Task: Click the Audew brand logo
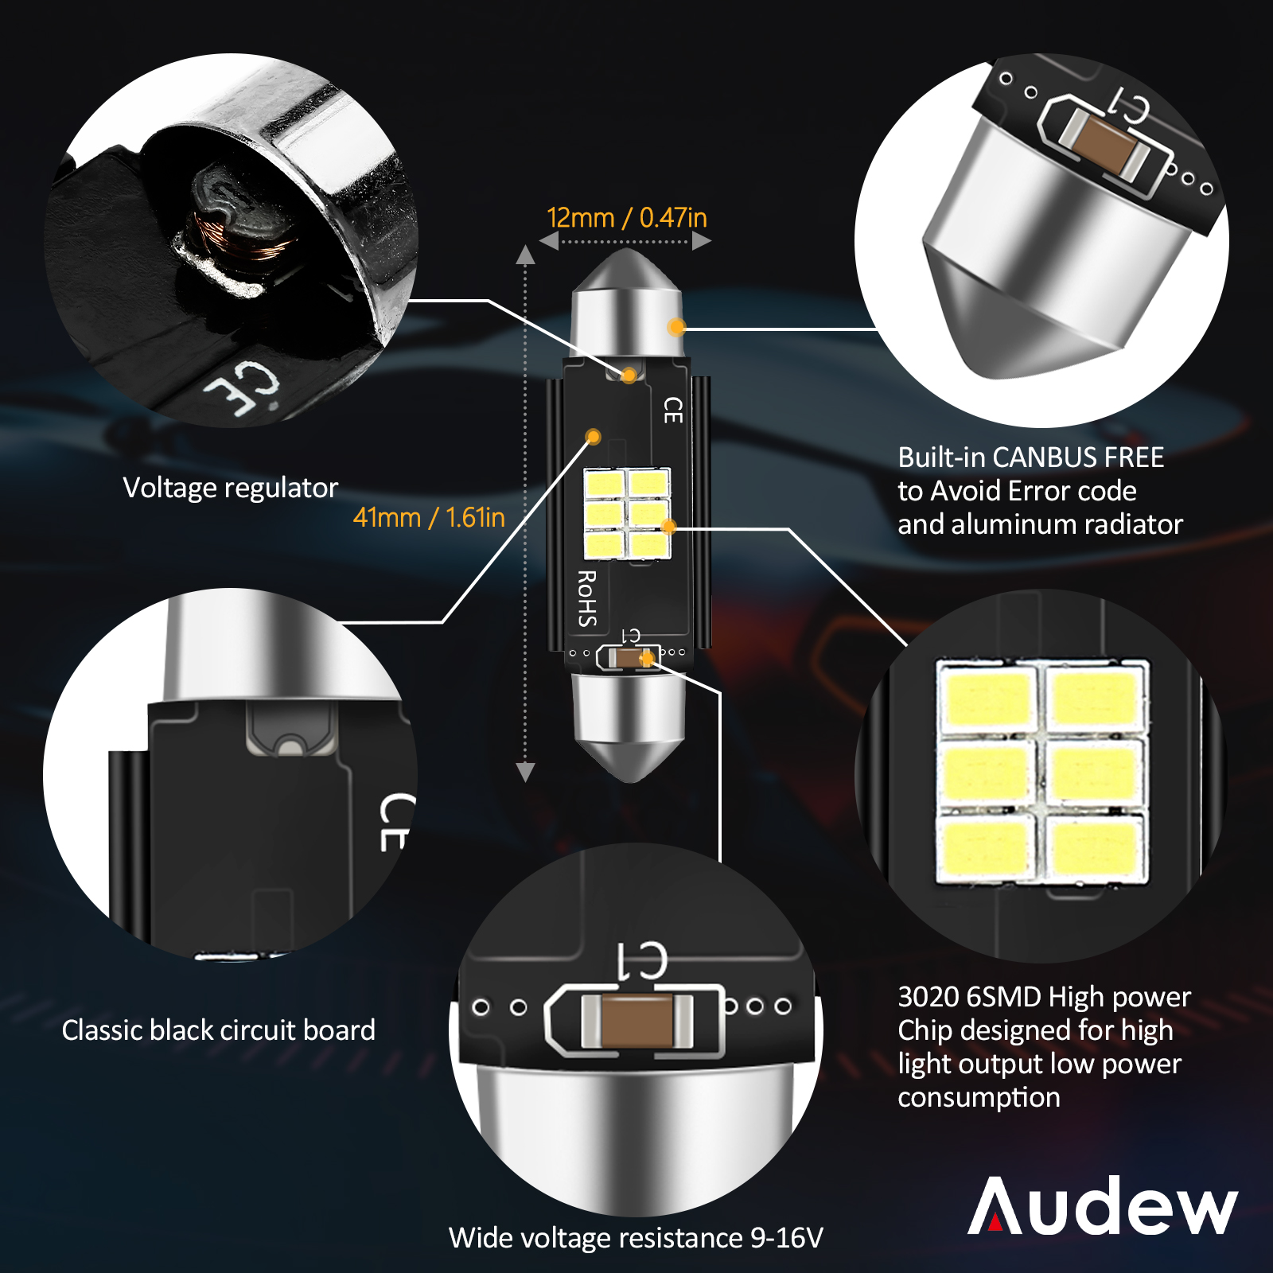[1103, 1205]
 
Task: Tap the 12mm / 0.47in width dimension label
[627, 217]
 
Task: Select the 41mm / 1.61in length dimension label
[429, 517]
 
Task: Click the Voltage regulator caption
[231, 488]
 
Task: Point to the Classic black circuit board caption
[219, 1030]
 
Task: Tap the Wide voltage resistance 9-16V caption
[636, 1238]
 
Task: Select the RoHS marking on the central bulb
[587, 598]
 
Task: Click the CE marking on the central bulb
[673, 411]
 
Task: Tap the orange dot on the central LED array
[668, 526]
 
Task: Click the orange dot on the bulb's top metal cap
[676, 327]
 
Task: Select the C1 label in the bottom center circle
[641, 960]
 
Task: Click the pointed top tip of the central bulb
[627, 250]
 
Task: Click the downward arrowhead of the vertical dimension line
[525, 772]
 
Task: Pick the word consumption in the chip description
[979, 1098]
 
